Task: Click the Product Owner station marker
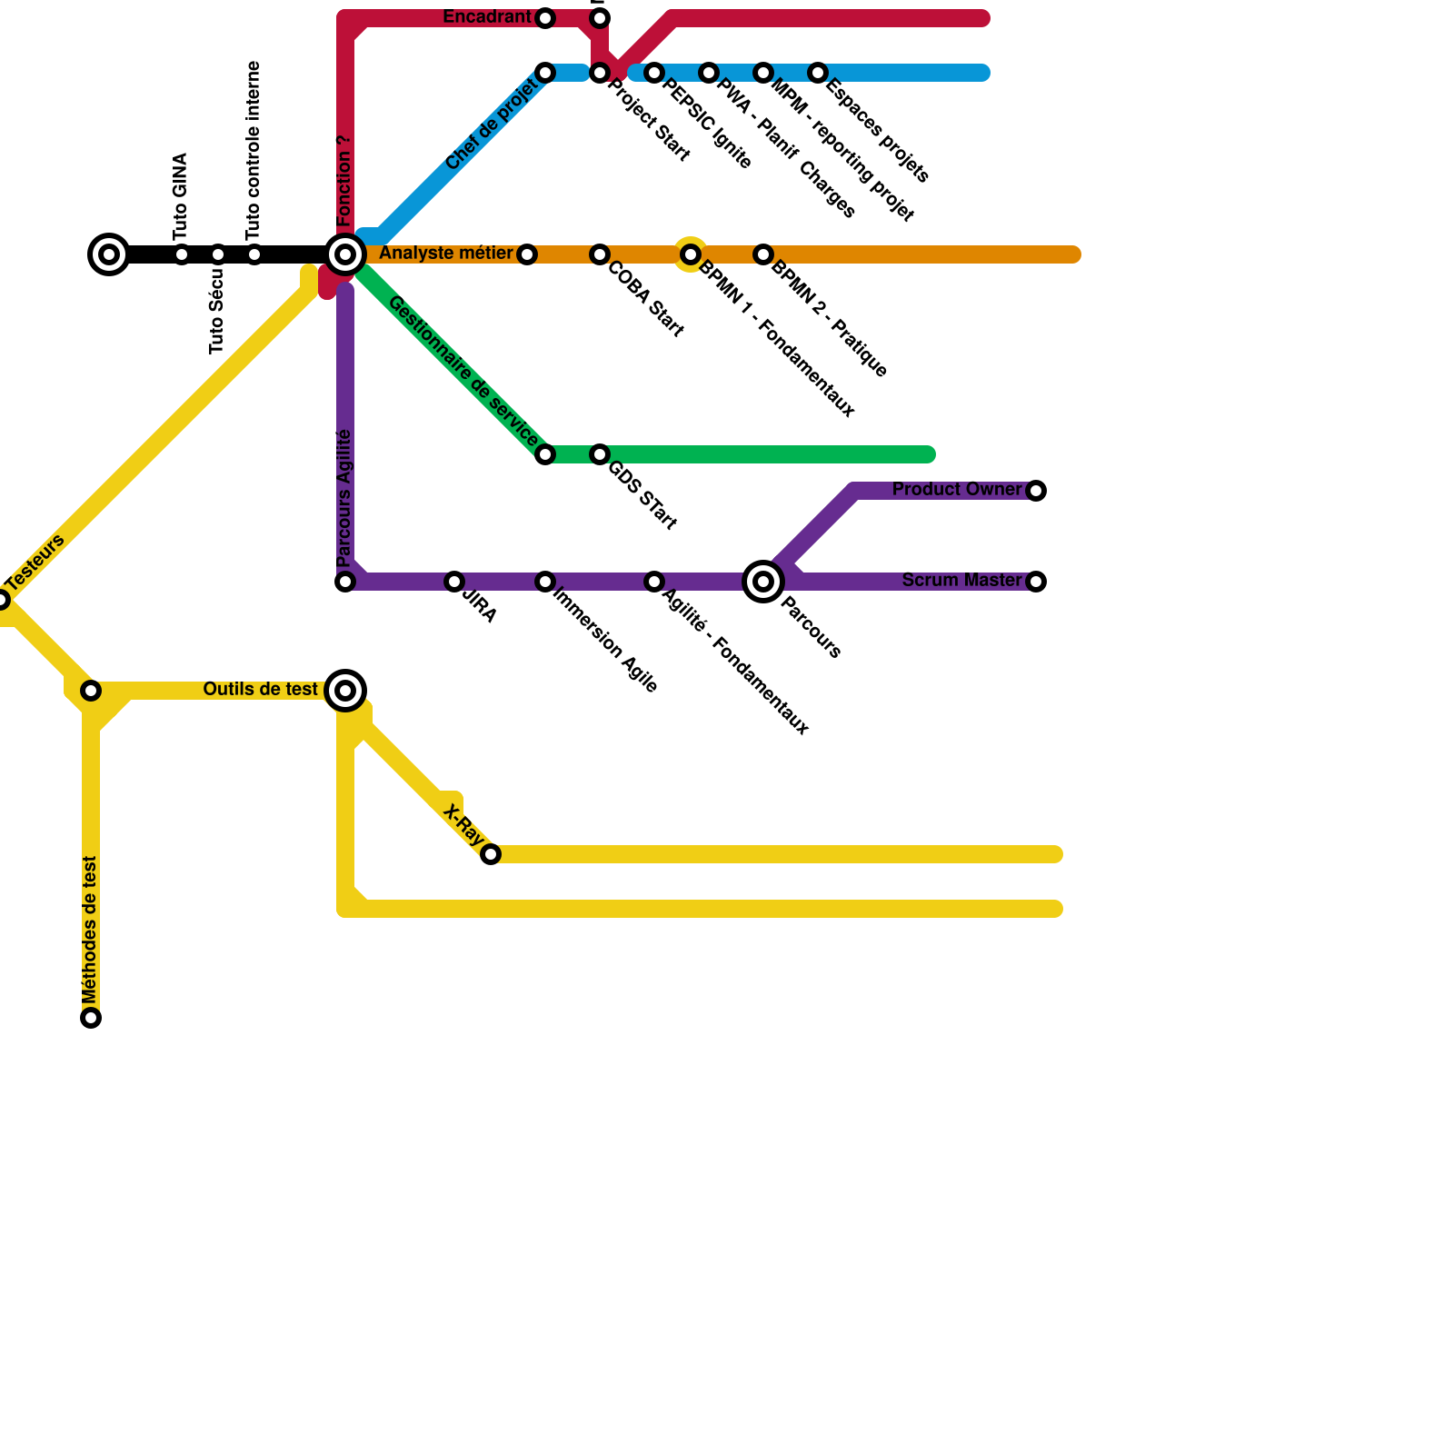point(1036,491)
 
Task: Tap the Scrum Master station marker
point(1036,582)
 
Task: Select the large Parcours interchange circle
point(763,582)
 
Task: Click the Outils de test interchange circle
point(345,691)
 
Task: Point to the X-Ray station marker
point(491,854)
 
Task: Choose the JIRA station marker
point(454,582)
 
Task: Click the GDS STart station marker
point(600,454)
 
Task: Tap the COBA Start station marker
point(600,254)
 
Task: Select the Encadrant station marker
point(545,18)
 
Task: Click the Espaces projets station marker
point(818,73)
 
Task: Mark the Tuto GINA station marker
point(182,254)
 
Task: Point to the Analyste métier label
point(445,254)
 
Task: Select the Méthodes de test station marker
point(91,1018)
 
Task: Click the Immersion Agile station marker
point(545,582)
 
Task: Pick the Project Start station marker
point(600,73)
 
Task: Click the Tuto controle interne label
point(254,150)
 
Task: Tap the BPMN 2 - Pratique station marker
point(763,254)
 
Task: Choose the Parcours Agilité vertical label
point(344,498)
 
